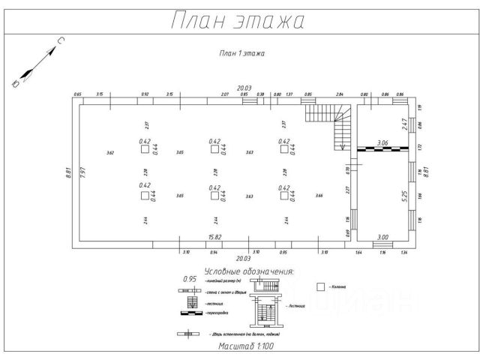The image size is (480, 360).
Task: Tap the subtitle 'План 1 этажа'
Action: pyautogui.click(x=241, y=54)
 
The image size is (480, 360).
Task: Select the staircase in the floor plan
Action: pyautogui.click(x=329, y=127)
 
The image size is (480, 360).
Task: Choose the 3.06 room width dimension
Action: pyautogui.click(x=382, y=142)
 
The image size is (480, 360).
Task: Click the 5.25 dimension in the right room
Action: pyautogui.click(x=403, y=196)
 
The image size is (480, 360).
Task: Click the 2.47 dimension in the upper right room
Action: pyautogui.click(x=403, y=124)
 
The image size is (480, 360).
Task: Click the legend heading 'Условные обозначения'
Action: pyautogui.click(x=248, y=271)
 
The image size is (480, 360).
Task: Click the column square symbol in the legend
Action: pyautogui.click(x=321, y=286)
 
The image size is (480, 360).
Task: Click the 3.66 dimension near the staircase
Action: pyautogui.click(x=319, y=196)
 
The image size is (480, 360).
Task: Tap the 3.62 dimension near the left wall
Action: pyautogui.click(x=110, y=154)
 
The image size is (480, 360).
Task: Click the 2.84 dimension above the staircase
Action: pyautogui.click(x=339, y=94)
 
